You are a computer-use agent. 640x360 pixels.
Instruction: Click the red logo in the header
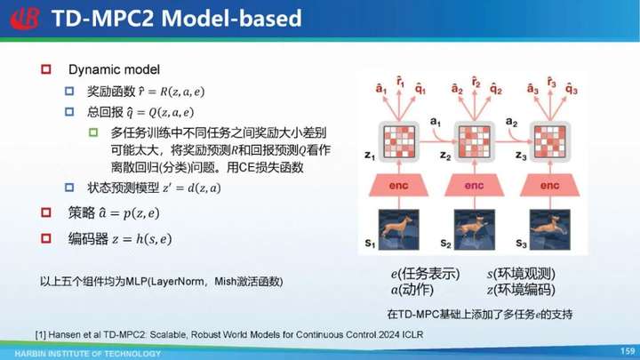click(25, 19)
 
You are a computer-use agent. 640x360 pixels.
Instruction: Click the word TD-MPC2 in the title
click(103, 19)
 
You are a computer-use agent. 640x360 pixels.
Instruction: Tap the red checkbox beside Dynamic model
click(46, 69)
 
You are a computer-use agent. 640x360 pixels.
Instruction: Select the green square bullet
click(93, 132)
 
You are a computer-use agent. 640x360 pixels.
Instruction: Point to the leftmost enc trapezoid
click(399, 186)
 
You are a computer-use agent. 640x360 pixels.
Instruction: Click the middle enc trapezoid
click(475, 186)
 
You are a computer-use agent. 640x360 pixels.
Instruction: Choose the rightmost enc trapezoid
click(550, 186)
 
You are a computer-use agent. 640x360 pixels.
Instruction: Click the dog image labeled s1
click(399, 229)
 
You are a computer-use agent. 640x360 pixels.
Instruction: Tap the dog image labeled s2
click(475, 229)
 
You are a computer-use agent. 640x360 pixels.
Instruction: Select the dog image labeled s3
click(550, 229)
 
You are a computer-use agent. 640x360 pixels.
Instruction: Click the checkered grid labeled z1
click(399, 141)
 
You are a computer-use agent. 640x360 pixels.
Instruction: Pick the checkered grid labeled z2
click(475, 141)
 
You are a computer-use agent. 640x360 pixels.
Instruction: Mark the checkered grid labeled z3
click(550, 141)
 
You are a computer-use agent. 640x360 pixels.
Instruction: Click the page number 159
click(628, 351)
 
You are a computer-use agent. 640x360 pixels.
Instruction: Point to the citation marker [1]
click(40, 335)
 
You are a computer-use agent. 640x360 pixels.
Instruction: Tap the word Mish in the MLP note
click(225, 282)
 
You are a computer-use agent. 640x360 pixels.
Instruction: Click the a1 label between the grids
click(435, 122)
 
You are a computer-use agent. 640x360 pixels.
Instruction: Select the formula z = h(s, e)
click(141, 239)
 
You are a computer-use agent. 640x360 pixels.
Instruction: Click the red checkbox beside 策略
click(46, 212)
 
